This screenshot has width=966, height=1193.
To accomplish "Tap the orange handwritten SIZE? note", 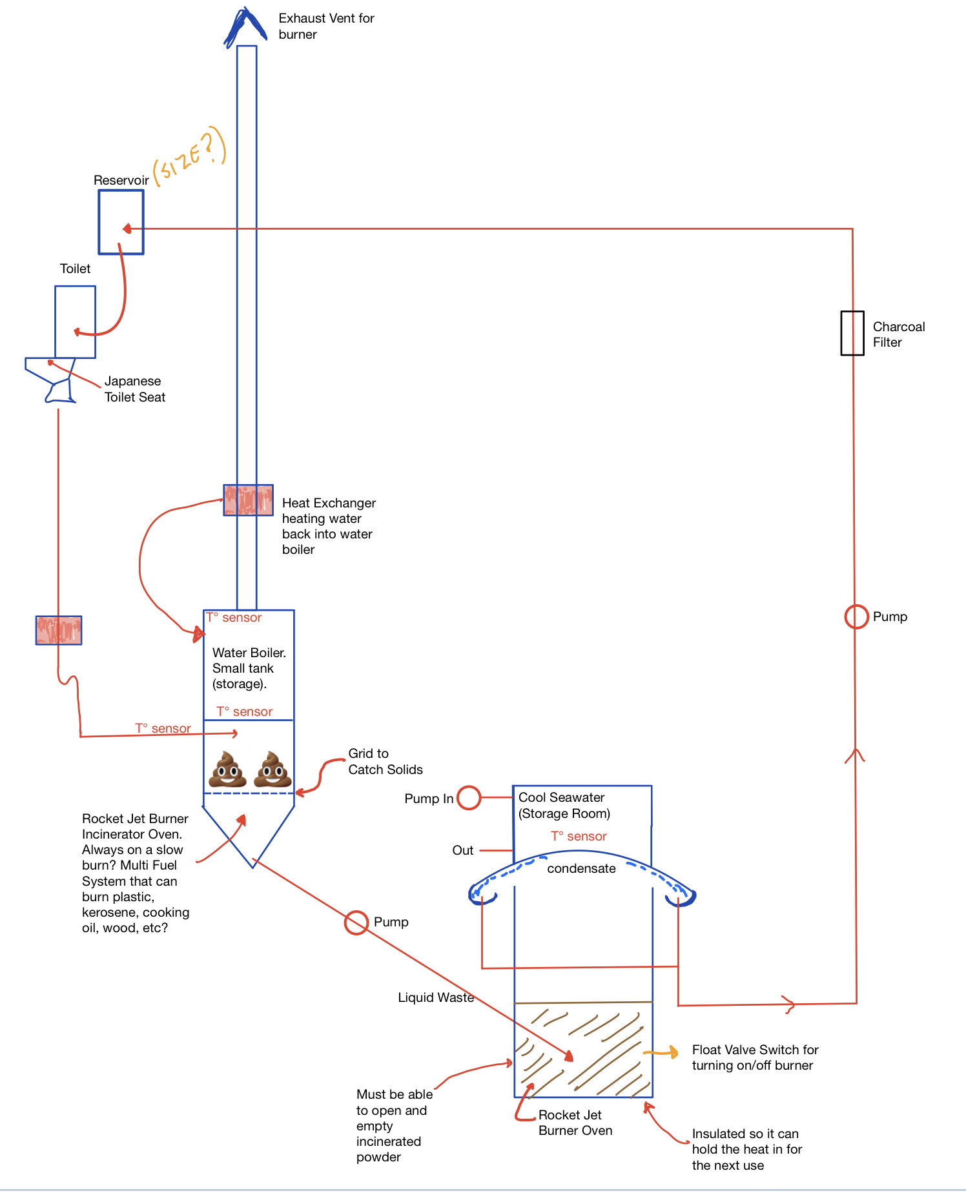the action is pyautogui.click(x=189, y=154).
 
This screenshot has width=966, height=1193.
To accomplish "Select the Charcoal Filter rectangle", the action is pyautogui.click(x=842, y=333).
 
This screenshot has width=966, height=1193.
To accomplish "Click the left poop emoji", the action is pyautogui.click(x=228, y=769).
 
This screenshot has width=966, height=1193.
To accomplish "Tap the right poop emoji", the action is pyautogui.click(x=272, y=769).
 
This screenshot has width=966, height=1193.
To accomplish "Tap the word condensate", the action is pyautogui.click(x=581, y=868).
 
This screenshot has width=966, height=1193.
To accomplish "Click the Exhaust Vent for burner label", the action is pyautogui.click(x=326, y=26).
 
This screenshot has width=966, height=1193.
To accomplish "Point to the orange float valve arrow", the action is pyautogui.click(x=661, y=1052).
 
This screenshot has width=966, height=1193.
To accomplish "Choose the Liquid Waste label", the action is pyautogui.click(x=436, y=997).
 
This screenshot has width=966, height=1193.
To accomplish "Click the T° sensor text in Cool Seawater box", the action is pyautogui.click(x=579, y=836).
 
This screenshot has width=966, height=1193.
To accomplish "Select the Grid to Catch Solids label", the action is pyautogui.click(x=385, y=761).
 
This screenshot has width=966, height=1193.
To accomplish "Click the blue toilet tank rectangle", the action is pyautogui.click(x=56, y=321).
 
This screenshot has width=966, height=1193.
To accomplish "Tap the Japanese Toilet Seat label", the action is pyautogui.click(x=135, y=389).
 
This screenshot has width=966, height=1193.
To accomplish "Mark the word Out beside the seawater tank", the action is pyautogui.click(x=463, y=850).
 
